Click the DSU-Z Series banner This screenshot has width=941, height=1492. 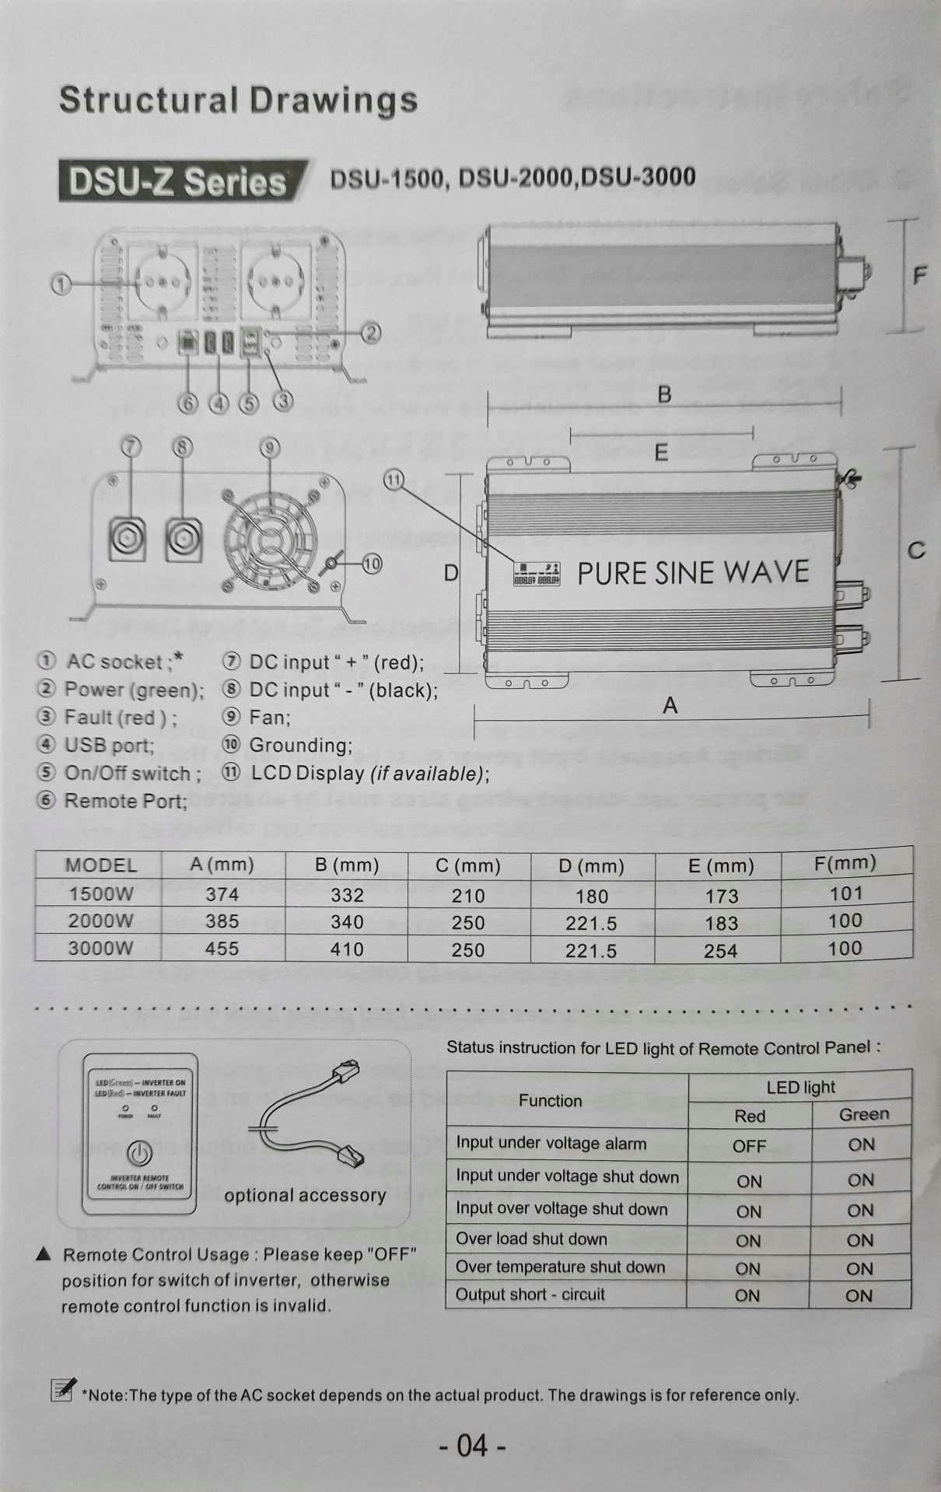(x=177, y=181)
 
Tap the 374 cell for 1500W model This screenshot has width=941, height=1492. (x=222, y=894)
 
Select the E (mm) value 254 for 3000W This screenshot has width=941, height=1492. (x=720, y=950)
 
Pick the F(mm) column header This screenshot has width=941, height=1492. (x=845, y=862)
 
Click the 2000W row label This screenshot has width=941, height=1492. (x=100, y=921)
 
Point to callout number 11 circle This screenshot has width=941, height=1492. (x=394, y=480)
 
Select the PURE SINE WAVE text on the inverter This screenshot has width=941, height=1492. (x=692, y=573)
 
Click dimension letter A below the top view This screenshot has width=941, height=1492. (x=670, y=706)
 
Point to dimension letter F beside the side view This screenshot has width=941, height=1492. (x=920, y=275)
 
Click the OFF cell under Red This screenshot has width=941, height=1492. (x=749, y=1146)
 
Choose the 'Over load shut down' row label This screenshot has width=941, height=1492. (x=531, y=1239)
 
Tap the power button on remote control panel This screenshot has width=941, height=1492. (x=140, y=1154)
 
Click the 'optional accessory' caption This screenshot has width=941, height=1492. (x=305, y=1196)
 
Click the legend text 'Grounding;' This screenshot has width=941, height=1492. (x=300, y=745)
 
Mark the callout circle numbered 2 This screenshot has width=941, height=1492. (x=371, y=334)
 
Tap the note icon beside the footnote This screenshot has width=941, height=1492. (x=62, y=1389)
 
